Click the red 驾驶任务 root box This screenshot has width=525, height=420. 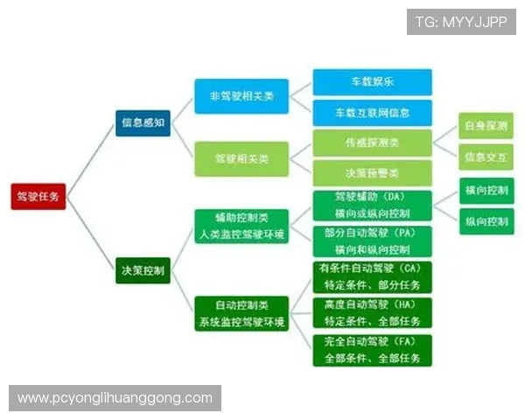coord(37,197)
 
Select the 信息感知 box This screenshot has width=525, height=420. coord(143,122)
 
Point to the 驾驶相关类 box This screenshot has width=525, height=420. coord(241,159)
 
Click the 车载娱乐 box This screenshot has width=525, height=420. coord(372,83)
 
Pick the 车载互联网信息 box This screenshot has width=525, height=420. coord(372,113)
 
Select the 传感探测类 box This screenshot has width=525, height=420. coord(372,142)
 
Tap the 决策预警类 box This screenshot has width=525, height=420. coord(372,171)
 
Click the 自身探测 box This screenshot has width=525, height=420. coord(486,126)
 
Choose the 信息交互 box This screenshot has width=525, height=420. coord(486,157)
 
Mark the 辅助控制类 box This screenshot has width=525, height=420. coord(241,224)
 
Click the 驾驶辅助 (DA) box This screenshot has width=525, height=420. coord(372,205)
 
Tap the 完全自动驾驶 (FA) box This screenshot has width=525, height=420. coord(372,350)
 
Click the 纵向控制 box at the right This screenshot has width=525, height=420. coord(486,221)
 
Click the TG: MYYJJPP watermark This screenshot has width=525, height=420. coord(461,21)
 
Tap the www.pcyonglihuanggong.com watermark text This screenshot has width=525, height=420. coord(115,398)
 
